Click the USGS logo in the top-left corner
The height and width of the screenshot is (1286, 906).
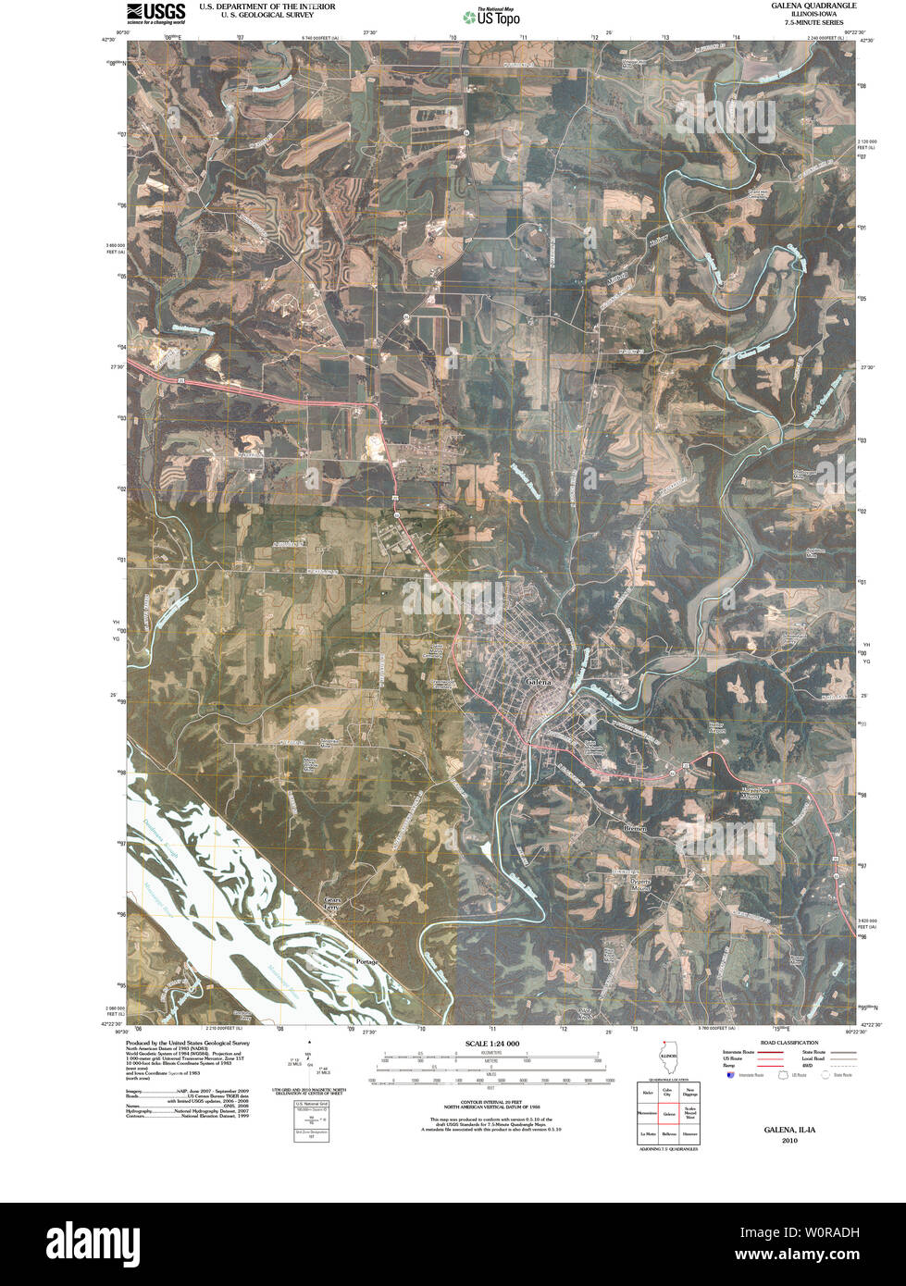coord(155,12)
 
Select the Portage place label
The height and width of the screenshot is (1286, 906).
coord(366,963)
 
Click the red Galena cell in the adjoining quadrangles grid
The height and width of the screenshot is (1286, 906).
coord(667,1114)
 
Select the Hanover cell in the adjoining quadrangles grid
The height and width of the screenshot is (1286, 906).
coord(689,1134)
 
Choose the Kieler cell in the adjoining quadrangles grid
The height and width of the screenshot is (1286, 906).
coord(647,1094)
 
